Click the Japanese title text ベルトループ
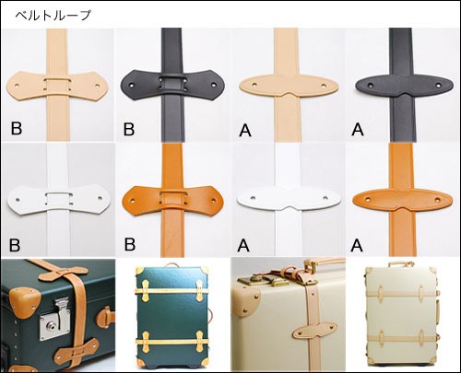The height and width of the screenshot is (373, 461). [x=53, y=15]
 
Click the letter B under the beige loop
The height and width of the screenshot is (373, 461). [x=17, y=128]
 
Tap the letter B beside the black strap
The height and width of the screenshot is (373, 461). [x=129, y=129]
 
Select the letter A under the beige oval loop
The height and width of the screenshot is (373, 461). [x=245, y=130]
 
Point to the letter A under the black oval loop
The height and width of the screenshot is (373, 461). [x=358, y=129]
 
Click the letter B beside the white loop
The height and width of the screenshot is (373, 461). [x=15, y=245]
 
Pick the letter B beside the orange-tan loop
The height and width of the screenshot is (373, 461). [x=130, y=244]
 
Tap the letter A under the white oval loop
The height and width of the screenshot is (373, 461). [x=243, y=245]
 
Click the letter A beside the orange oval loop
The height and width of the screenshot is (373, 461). [x=357, y=245]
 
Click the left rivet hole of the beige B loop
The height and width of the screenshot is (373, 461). [x=17, y=85]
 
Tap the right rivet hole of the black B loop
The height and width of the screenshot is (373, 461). [x=213, y=84]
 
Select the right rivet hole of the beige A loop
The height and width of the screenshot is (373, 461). [x=324, y=86]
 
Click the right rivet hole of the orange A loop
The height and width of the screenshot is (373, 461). [x=438, y=200]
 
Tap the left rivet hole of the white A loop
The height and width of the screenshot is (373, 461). [x=254, y=198]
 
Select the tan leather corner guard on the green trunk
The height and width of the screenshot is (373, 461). [x=25, y=299]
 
